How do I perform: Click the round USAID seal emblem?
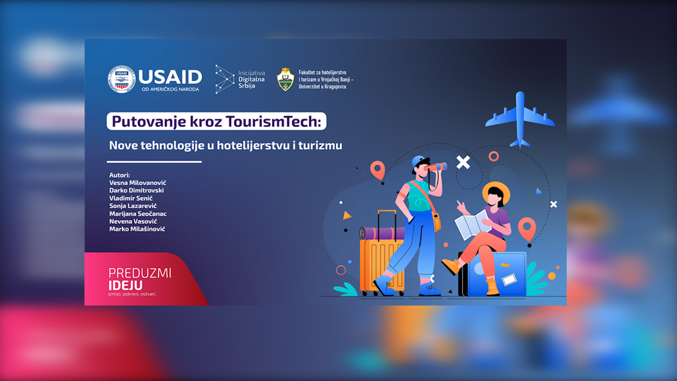tap(121, 79)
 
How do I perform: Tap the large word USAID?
tap(170, 77)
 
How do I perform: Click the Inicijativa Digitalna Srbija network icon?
tap(225, 79)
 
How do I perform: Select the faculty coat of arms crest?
tap(286, 79)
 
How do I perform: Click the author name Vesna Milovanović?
tap(137, 183)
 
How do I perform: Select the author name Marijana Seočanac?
tap(138, 214)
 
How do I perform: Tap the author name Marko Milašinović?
tap(137, 229)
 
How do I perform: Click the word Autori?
tap(119, 175)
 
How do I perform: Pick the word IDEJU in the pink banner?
tap(125, 286)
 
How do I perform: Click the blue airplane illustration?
tap(520, 119)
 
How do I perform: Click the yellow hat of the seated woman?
tap(496, 192)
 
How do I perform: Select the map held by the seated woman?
tap(472, 224)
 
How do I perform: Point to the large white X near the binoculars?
tap(463, 162)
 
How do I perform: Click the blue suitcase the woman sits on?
tap(497, 274)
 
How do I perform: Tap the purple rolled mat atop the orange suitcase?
tap(382, 233)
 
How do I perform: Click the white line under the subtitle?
tap(154, 162)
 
